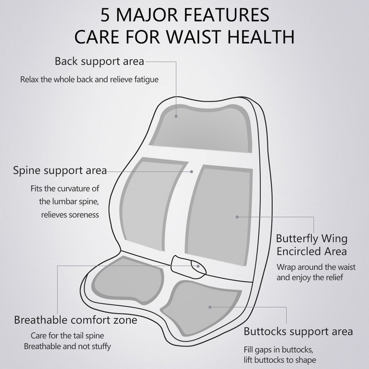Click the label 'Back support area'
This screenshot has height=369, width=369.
99,61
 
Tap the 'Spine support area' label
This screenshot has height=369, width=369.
60,170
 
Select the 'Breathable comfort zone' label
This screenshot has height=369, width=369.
76,320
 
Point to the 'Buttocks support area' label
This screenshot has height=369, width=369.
298,331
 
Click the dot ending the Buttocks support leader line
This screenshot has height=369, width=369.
210,306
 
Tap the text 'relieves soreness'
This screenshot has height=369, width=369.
70,214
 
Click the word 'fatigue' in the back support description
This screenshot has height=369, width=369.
146,79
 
